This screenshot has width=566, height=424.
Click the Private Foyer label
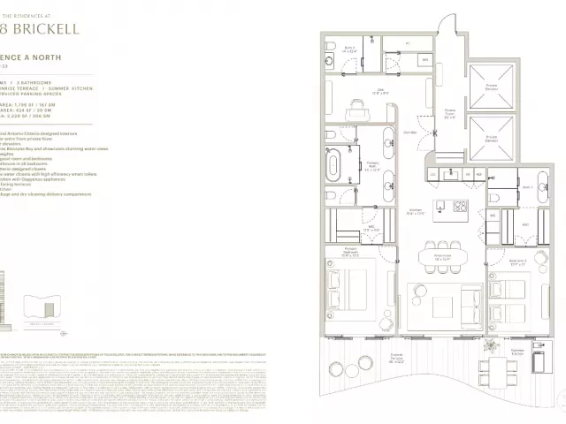[x=449, y=112]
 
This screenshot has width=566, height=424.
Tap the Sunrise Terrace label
[x=399, y=361]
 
